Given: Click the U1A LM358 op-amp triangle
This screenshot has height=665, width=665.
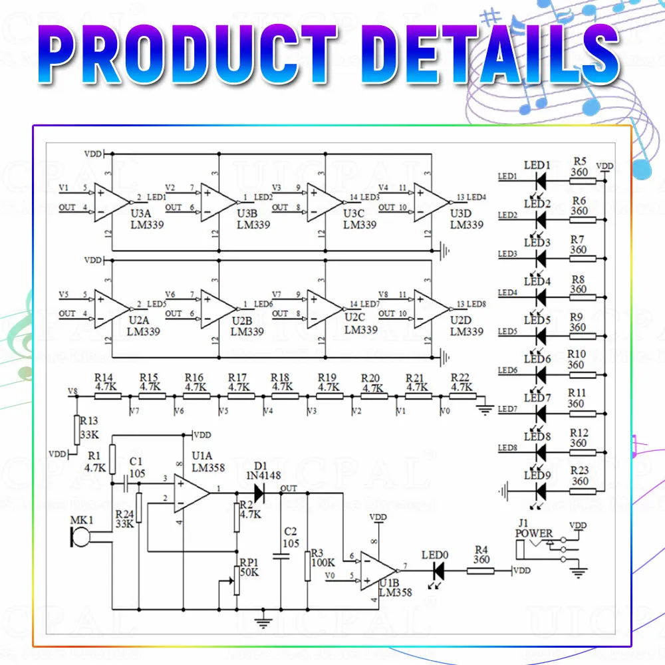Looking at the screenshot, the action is pos(191,493).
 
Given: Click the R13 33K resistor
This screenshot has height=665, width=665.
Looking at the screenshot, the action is pos(77,430).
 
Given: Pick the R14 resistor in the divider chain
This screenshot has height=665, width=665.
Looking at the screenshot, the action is pos(107,396).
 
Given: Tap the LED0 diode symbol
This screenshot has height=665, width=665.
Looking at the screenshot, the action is pos(438,570).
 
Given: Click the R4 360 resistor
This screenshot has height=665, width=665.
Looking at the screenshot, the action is pos(480,570).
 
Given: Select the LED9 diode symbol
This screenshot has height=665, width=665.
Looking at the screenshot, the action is pos(540,491).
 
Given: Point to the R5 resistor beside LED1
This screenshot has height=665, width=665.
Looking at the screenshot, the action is pos(583,180).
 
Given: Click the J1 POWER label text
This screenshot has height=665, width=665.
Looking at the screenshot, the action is pos(534,533).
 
